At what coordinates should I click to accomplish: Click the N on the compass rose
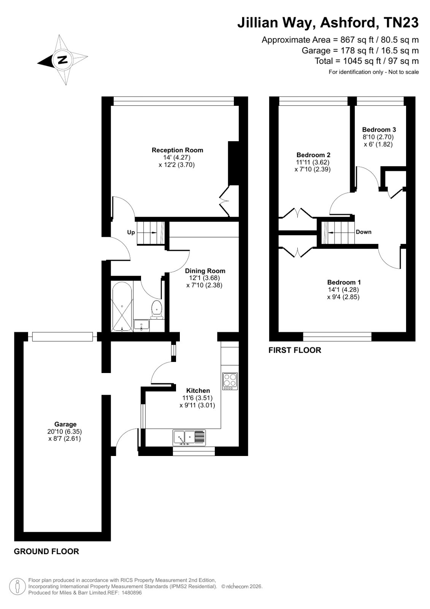63,59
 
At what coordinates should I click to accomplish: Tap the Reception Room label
177,150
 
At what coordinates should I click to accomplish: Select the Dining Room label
205,271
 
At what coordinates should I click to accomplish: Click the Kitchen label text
198,391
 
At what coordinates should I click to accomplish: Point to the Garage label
65,424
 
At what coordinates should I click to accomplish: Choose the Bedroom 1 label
344,282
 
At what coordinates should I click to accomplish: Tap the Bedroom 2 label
313,155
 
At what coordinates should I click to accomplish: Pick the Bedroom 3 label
379,129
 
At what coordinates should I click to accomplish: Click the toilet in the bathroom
157,310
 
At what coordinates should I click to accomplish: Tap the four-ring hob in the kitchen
230,381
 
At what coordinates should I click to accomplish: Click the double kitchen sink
189,438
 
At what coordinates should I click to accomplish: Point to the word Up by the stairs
131,233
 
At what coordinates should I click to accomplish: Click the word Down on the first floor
363,232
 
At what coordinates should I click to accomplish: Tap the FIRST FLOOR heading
295,350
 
